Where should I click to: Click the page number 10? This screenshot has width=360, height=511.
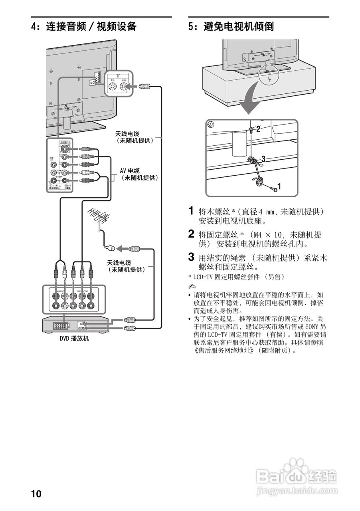click(x=36, y=494)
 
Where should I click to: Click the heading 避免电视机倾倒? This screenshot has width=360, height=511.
click(x=238, y=27)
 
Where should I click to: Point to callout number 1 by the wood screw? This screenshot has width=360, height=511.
click(x=279, y=186)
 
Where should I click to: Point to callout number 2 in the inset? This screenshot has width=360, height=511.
click(x=258, y=129)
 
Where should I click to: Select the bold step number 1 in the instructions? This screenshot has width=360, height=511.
click(x=191, y=210)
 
